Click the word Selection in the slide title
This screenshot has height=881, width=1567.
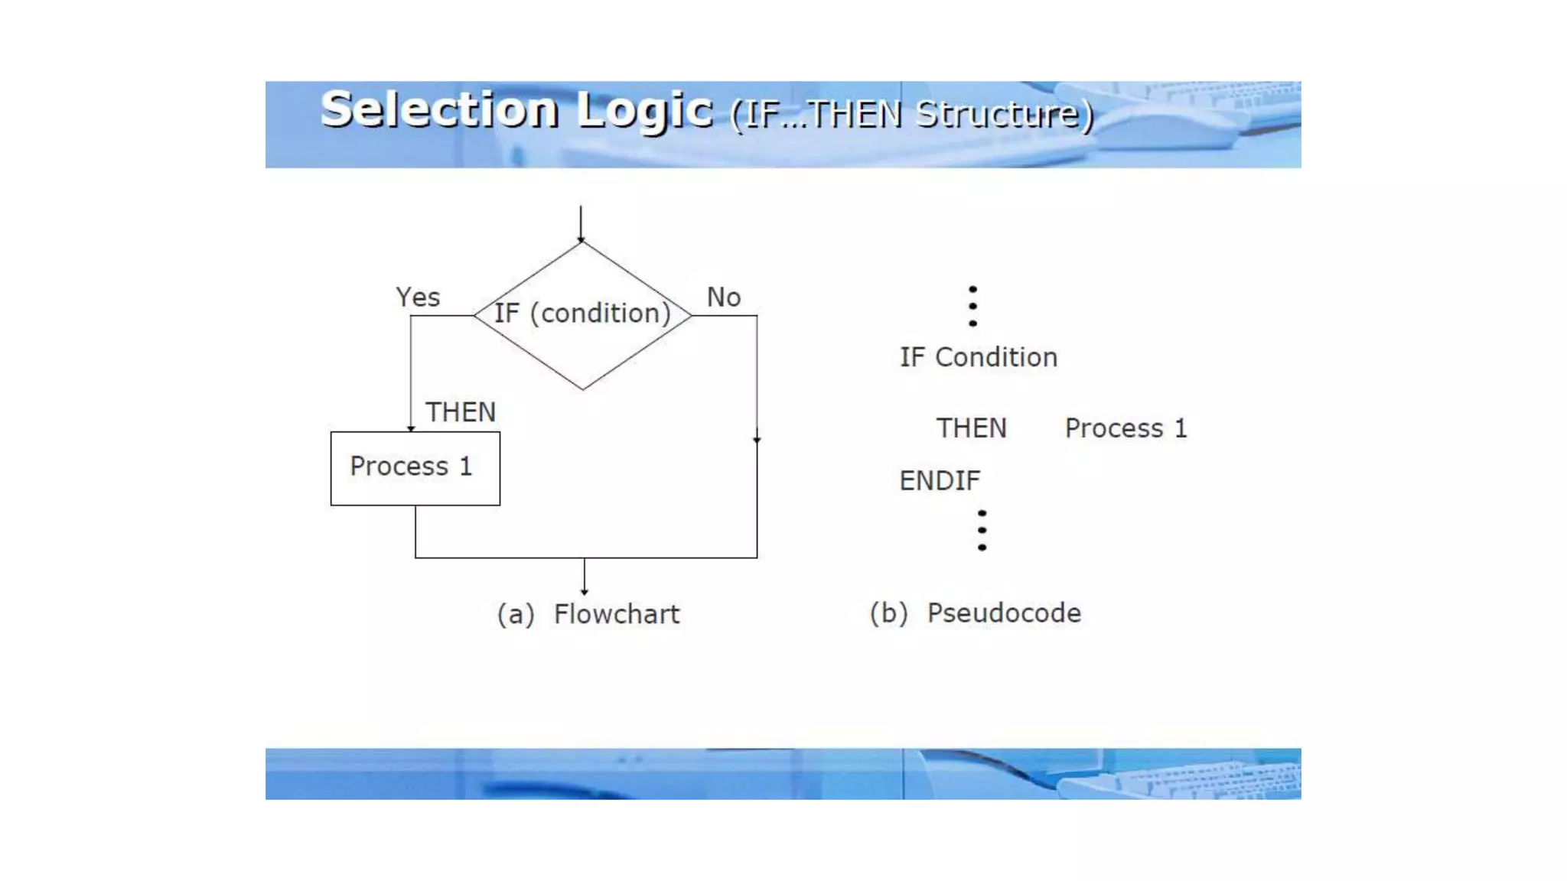coord(439,110)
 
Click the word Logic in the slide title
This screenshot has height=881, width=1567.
coord(645,112)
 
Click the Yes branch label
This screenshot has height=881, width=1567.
coord(418,297)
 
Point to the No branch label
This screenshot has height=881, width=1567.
coord(723,297)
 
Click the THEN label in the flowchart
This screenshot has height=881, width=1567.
coord(461,412)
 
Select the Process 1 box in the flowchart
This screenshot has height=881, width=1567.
coord(415,468)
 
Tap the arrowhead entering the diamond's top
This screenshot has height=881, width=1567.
coord(581,239)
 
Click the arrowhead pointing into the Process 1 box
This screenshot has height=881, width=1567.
coord(411,428)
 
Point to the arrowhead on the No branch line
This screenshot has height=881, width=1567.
coord(757,440)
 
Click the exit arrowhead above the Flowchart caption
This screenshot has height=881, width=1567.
coord(585,591)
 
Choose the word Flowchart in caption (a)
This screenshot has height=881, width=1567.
coord(616,614)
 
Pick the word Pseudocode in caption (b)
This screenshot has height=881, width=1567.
coord(1004,613)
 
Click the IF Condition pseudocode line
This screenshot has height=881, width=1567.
coord(978,357)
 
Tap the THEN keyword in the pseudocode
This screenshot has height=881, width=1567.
coord(971,428)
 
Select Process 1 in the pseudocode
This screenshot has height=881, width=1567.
coord(1126,428)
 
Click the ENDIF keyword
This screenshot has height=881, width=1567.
coord(940,481)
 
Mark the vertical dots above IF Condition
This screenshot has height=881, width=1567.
coord(972,306)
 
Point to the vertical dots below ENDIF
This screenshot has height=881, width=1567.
coord(982,530)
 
